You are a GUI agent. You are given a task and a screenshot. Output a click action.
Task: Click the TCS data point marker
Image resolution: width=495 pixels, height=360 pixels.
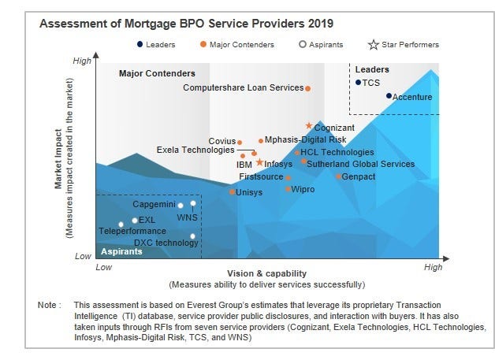tap(359, 82)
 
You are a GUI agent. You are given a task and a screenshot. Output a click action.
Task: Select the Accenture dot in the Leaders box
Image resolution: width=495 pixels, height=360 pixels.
tap(389, 95)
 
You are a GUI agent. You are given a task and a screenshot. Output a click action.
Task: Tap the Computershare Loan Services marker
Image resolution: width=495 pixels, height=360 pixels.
tap(308, 88)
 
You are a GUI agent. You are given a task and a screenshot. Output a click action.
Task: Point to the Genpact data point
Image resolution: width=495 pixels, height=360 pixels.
tap(338, 176)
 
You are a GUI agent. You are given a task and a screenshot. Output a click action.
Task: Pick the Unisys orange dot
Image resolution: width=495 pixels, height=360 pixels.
tap(232, 191)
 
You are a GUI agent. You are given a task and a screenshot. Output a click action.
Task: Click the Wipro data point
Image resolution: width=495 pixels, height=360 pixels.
tap(288, 189)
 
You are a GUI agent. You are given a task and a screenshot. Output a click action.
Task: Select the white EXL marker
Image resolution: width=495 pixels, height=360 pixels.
tap(135, 221)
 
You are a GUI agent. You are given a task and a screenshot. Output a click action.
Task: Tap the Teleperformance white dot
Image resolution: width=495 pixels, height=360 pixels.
tap(121, 225)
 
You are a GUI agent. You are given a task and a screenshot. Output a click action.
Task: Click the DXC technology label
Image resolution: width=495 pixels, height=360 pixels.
tap(166, 243)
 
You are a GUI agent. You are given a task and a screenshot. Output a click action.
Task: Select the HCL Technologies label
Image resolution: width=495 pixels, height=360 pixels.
tap(337, 152)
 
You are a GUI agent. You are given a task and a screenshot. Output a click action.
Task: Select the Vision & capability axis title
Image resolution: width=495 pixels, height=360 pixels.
tap(266, 272)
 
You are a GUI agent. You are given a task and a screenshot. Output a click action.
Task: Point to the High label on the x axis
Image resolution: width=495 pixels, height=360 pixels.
tap(433, 268)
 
